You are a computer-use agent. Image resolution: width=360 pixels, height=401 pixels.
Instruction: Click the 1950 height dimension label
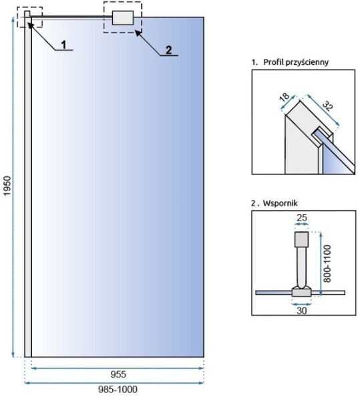pyautogui.click(x=7, y=186)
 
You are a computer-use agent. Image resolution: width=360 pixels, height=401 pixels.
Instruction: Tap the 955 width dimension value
pyautogui.click(x=118, y=374)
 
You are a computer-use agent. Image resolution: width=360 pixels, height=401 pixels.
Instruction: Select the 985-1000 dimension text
pyautogui.click(x=118, y=389)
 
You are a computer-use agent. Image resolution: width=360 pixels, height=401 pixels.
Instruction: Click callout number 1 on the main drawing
pyautogui.click(x=64, y=45)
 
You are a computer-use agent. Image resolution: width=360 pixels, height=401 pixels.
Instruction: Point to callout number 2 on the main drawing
pyautogui.click(x=168, y=50)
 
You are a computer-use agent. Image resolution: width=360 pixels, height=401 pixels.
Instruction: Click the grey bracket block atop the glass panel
pyautogui.click(x=123, y=17)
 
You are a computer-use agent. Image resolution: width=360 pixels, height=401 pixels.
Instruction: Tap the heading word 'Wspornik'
pyautogui.click(x=281, y=203)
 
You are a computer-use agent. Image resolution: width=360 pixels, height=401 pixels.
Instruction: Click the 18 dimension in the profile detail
pyautogui.click(x=284, y=96)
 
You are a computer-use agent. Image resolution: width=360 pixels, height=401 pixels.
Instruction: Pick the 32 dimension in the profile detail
pyautogui.click(x=327, y=106)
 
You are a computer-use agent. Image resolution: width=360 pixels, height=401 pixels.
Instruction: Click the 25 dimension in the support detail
pyautogui.click(x=301, y=218)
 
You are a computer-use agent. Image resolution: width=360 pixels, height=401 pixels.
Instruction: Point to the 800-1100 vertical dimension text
pyautogui.click(x=327, y=263)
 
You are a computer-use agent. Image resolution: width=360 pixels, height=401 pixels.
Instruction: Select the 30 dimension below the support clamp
pyautogui.click(x=301, y=311)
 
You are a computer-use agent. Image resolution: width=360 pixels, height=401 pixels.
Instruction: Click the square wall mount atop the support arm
pyautogui.click(x=301, y=239)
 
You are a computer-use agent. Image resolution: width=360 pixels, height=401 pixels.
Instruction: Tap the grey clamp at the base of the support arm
pyautogui.click(x=301, y=292)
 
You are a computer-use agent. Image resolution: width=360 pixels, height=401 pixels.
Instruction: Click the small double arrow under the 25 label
pyautogui.click(x=301, y=224)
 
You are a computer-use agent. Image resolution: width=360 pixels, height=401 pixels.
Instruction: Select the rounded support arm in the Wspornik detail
pyautogui.click(x=301, y=267)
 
